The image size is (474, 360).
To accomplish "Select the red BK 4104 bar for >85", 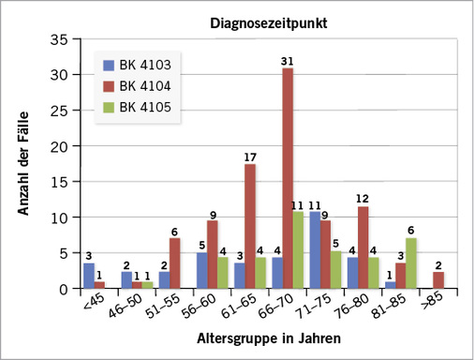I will point(438,280).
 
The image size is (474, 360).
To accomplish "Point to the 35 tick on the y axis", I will point(62,39).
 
